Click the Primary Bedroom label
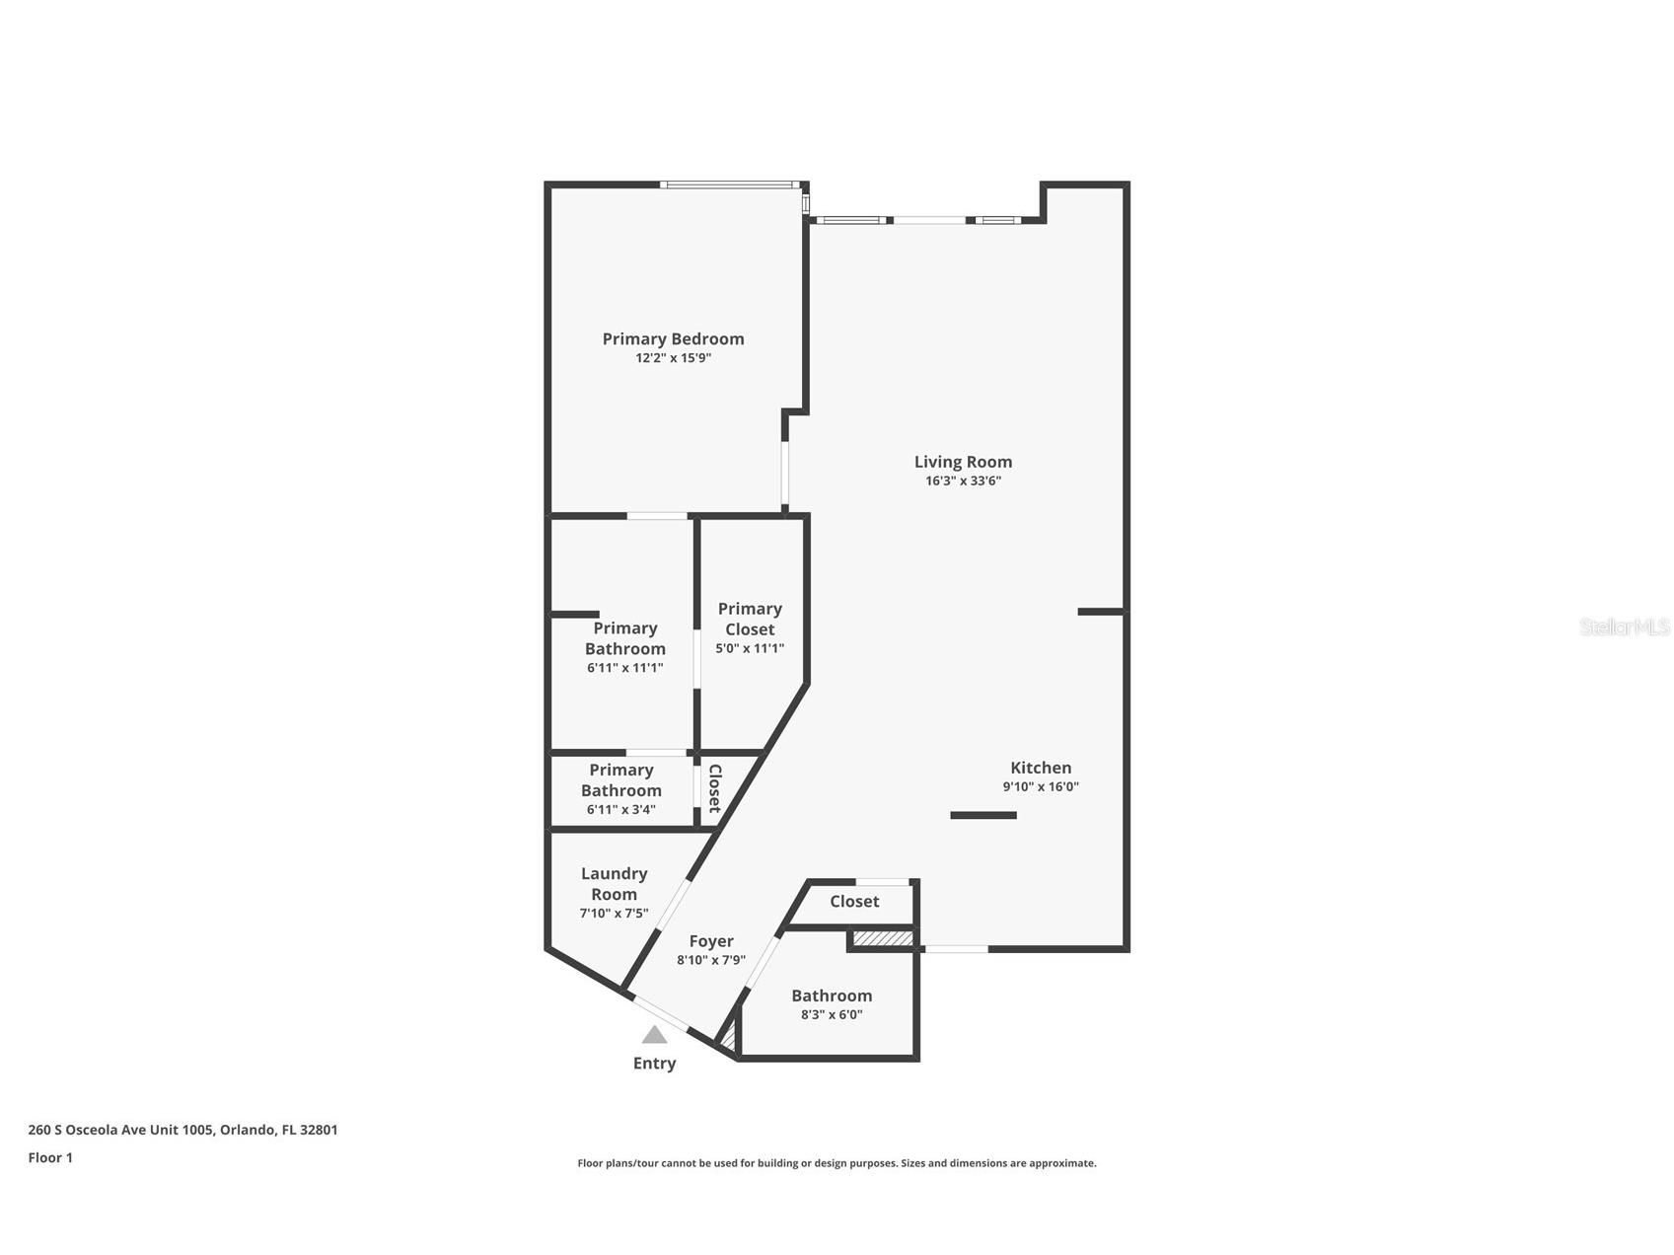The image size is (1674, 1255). [673, 338]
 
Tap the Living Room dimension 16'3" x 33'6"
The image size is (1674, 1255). [962, 481]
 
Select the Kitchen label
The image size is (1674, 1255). [1040, 768]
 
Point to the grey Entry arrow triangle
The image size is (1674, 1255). [654, 1035]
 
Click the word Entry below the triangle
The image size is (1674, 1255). [654, 1064]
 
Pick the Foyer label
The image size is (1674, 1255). [710, 941]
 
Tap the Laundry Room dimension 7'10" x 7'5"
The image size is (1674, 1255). [614, 914]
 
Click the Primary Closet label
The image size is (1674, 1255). [750, 619]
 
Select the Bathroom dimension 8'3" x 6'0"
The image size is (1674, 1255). [831, 1014]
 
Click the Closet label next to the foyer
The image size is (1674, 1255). [854, 901]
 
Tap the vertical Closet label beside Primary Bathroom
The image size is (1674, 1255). [714, 788]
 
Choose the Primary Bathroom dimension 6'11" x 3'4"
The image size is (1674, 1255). [620, 810]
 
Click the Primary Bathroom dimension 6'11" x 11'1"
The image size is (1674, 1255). [624, 668]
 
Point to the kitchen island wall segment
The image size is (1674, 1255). [983, 815]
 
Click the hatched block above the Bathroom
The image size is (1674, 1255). [883, 937]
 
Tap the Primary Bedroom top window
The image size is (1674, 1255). [729, 185]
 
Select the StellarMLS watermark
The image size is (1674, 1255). [1624, 627]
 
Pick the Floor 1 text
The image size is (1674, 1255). [50, 1158]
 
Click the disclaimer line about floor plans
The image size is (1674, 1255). [837, 1163]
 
